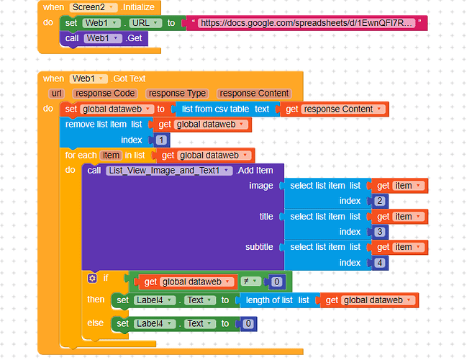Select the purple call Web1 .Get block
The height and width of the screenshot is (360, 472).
105,38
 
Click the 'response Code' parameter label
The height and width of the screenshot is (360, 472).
105,94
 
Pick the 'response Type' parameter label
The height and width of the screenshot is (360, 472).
176,94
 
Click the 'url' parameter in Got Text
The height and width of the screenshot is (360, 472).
57,94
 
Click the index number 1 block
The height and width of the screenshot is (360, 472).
161,140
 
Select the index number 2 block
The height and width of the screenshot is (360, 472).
379,201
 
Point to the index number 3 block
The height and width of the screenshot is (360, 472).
379,232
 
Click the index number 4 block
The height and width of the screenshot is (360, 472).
379,262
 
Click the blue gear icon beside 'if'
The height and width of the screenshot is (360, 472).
92,278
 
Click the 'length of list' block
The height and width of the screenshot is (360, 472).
273,300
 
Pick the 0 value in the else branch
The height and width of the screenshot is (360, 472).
248,324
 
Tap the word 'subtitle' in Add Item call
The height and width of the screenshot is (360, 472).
259,247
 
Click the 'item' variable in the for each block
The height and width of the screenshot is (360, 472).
111,155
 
